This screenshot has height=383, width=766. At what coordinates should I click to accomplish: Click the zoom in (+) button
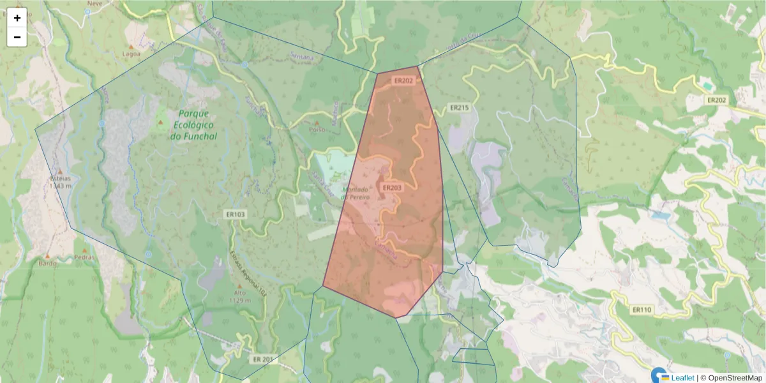click(x=17, y=18)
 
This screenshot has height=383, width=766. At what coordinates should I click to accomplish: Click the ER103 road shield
click(x=235, y=214)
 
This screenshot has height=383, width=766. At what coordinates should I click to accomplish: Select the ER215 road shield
click(x=458, y=108)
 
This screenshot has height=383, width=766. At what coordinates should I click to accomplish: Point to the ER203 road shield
click(x=391, y=188)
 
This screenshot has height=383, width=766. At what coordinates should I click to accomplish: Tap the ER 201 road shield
click(x=262, y=359)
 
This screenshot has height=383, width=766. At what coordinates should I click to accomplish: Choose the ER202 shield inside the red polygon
click(x=403, y=81)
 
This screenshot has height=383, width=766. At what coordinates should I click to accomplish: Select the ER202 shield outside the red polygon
click(x=717, y=100)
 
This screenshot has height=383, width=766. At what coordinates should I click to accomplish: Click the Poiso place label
click(x=316, y=129)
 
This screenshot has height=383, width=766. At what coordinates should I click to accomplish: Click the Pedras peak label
click(x=84, y=258)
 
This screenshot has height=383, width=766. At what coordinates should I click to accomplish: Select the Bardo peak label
click(x=47, y=263)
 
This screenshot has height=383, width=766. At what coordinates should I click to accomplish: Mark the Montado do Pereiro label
click(x=364, y=193)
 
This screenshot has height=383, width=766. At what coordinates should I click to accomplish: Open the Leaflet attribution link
click(x=682, y=378)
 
